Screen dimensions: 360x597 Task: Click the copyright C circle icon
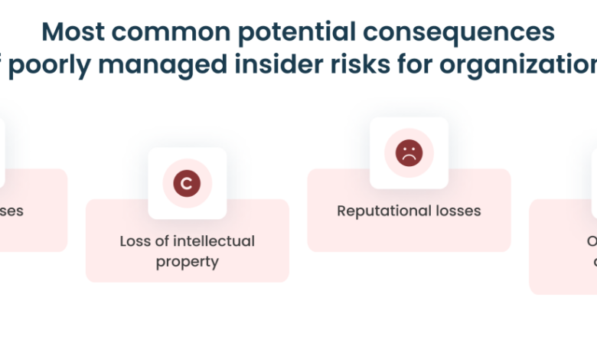[x=187, y=184]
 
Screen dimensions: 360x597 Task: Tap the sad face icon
[x=409, y=152]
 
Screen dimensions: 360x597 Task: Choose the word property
[x=188, y=261]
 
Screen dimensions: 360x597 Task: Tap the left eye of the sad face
[x=404, y=149]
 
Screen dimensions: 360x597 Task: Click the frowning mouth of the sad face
[x=409, y=158]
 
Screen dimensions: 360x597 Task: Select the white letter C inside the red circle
[x=187, y=184]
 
